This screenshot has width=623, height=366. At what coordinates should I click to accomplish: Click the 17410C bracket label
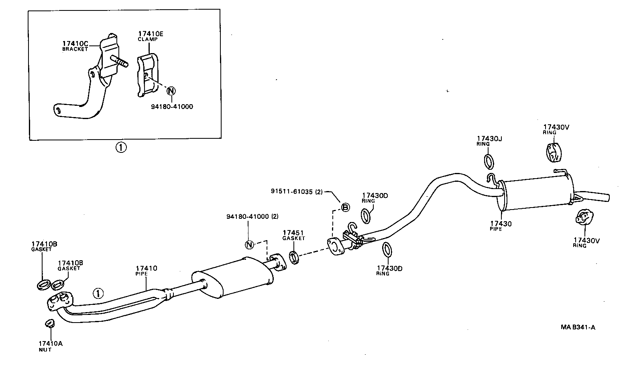click(x=75, y=43)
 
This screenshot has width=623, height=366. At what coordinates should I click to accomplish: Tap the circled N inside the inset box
click(x=171, y=90)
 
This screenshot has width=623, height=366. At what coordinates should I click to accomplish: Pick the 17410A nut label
click(x=51, y=343)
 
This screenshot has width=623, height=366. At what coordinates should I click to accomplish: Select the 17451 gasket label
click(x=293, y=233)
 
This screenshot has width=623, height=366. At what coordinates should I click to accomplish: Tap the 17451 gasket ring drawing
click(x=294, y=257)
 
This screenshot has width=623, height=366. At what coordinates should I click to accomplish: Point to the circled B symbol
click(x=345, y=207)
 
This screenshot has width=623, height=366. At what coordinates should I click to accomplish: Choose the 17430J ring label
click(x=490, y=139)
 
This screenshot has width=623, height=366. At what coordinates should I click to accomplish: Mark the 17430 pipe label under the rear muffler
click(x=501, y=224)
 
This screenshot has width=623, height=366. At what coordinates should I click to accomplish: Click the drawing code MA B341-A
click(x=578, y=327)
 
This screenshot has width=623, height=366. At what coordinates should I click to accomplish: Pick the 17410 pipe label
click(x=146, y=268)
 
